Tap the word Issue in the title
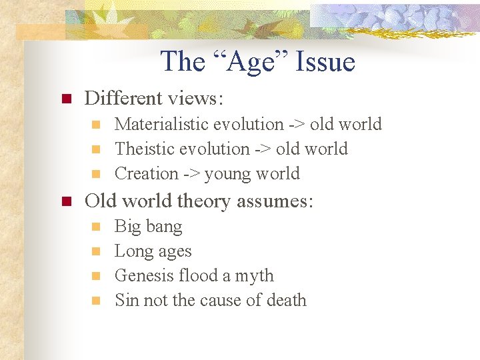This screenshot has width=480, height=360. pos(327,62)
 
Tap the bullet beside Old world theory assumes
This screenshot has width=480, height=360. pos(66,202)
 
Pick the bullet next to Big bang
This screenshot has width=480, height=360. pos(96,227)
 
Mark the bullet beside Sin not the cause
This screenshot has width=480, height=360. pos(96,301)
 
